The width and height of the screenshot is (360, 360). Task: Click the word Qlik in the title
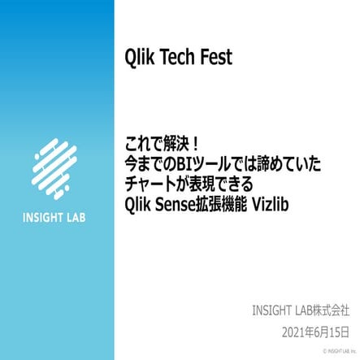[x=132, y=59]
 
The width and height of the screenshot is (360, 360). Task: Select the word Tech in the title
[x=174, y=59]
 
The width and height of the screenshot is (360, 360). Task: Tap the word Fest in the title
[x=215, y=59]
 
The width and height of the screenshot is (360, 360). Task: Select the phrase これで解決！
[x=159, y=145]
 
